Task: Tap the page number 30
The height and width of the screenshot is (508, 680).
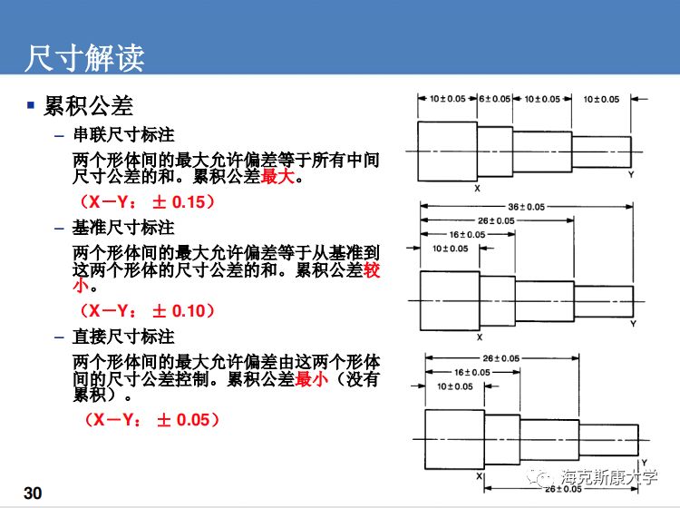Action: click(x=34, y=493)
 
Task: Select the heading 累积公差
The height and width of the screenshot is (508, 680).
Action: click(x=89, y=107)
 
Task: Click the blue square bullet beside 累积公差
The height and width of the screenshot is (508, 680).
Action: click(x=31, y=106)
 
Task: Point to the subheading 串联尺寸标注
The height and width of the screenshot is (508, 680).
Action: click(x=123, y=135)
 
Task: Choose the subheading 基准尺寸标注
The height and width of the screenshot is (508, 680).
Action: click(x=123, y=227)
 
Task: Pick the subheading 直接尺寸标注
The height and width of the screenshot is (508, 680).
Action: click(x=123, y=337)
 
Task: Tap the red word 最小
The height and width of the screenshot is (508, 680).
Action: click(x=311, y=379)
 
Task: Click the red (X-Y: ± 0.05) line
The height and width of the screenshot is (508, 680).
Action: click(x=151, y=420)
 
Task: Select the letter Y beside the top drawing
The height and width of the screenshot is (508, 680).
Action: click(x=630, y=174)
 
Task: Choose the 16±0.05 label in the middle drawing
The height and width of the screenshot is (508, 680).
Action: click(x=470, y=234)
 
